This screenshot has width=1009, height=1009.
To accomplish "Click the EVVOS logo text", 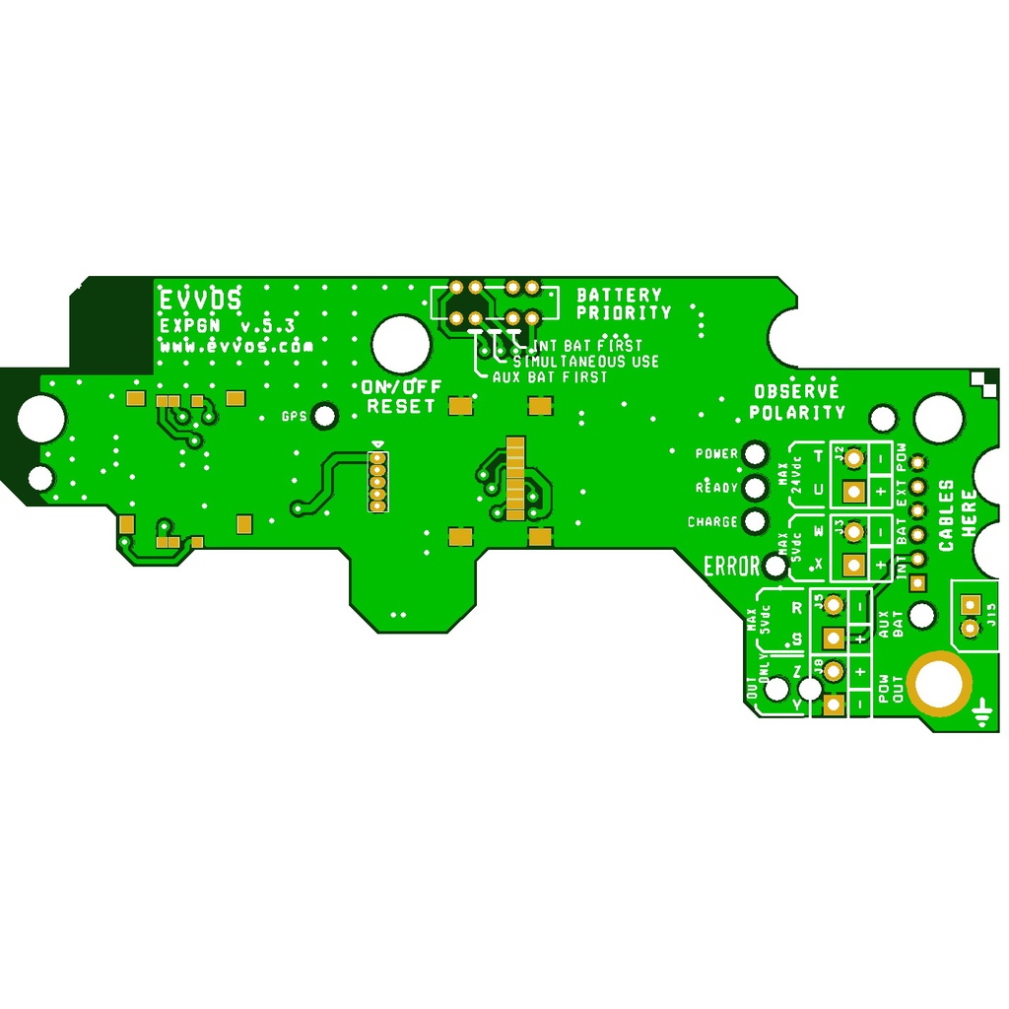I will (200, 300).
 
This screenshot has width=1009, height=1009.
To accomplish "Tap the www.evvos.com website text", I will (236, 347).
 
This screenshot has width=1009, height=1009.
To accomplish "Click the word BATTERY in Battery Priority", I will (619, 295).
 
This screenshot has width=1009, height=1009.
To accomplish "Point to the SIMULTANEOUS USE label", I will (585, 362).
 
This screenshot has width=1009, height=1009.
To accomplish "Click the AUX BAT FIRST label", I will (549, 377).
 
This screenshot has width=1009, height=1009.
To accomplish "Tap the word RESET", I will (400, 406).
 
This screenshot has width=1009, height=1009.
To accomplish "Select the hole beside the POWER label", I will (756, 454).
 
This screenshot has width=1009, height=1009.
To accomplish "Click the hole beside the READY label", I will (756, 488).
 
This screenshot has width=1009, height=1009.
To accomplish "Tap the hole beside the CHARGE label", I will (756, 521).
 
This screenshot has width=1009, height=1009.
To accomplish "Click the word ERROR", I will (731, 567).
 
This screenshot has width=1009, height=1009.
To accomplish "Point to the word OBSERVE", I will (797, 391).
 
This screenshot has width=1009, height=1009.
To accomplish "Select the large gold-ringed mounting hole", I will (939, 684).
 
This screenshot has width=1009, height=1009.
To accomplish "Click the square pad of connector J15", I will (972, 606).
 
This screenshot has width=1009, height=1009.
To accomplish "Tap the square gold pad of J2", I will (854, 490).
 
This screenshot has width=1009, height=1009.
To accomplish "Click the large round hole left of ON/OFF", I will (400, 344).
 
